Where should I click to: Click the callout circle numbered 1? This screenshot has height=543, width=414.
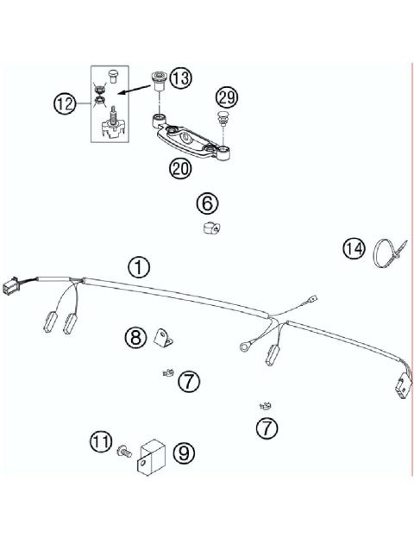139,265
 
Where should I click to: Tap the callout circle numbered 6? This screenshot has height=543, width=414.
207,203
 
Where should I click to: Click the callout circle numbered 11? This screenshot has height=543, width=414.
101,443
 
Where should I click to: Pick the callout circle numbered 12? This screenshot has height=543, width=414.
66,104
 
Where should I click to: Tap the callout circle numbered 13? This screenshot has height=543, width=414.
181,78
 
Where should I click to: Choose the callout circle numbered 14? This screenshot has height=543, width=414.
354,249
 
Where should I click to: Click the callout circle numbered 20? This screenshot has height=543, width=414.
179,168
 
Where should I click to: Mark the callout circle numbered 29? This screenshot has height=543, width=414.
227,97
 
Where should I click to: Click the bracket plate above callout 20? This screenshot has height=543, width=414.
192,137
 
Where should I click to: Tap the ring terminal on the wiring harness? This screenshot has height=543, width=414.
241,346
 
